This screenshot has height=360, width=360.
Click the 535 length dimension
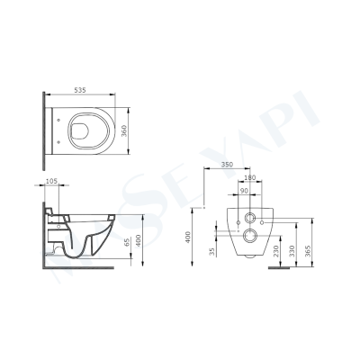coord(79,91)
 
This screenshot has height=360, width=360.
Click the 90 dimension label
coord(244,190)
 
